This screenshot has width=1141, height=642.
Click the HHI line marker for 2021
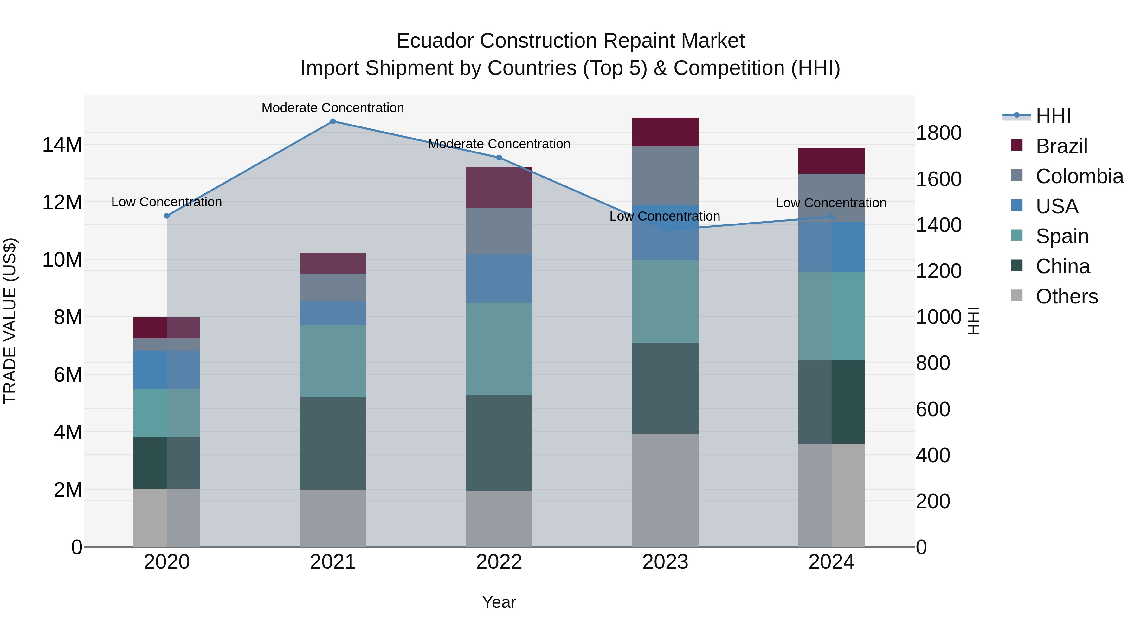coord(333,121)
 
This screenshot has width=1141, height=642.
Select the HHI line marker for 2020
coord(166,216)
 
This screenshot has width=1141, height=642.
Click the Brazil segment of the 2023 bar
coord(665,132)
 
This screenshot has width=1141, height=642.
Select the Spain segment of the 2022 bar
coord(499,349)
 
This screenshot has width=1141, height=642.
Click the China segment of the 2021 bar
coord(333,443)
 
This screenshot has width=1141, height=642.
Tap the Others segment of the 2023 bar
coord(665,490)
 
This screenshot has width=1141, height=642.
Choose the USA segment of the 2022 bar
coord(499,278)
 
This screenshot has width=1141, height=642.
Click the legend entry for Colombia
coord(1079,176)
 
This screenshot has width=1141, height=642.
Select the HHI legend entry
coord(1053,116)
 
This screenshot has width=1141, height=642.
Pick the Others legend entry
coord(1066,296)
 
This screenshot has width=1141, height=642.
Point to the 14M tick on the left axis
coord(62,145)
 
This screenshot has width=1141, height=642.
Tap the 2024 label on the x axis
coord(831,562)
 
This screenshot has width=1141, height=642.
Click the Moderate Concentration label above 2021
coord(333,108)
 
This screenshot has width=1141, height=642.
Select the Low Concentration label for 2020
coord(166,202)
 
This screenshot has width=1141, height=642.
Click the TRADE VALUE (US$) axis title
coord(10,321)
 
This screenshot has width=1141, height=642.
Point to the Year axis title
coord(499,602)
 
